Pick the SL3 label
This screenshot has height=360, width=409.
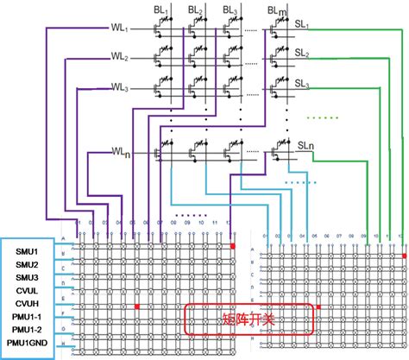303,84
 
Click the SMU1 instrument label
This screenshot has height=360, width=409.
28,249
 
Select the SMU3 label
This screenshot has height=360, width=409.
28,277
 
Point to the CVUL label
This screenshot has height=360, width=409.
28,291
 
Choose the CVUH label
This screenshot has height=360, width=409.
28,305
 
